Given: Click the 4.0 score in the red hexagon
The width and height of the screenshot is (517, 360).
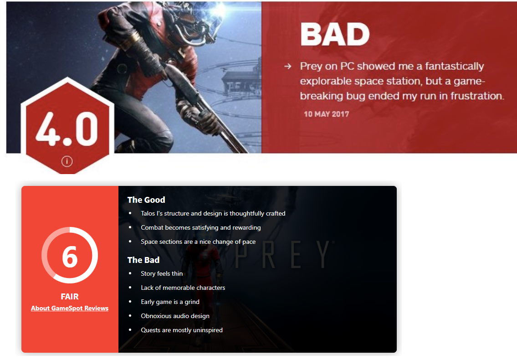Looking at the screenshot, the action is [67, 129].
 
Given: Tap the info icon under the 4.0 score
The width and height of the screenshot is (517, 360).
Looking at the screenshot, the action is [67, 161].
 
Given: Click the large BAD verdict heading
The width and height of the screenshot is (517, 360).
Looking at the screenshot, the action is [335, 34].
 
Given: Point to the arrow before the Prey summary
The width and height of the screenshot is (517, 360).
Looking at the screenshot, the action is [287, 67].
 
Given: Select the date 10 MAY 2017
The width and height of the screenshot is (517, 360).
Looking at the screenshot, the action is [327, 114].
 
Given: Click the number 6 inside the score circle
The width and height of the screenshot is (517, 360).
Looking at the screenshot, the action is [70, 257].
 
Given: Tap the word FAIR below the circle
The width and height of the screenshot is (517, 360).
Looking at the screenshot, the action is [70, 296].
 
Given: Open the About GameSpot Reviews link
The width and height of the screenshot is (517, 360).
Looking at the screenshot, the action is [70, 308].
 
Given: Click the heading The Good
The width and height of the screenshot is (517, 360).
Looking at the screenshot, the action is [146, 200].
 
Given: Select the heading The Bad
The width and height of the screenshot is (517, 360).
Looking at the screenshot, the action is [143, 260].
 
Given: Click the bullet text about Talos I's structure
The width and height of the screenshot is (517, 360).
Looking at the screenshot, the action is [213, 213].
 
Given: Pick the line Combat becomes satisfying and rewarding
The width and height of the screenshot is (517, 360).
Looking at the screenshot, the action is [201, 228].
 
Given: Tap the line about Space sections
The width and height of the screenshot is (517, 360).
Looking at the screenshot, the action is [198, 242].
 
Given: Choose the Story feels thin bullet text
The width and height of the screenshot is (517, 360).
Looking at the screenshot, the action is [162, 273].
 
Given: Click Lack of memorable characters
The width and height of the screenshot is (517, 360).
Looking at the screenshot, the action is [183, 288].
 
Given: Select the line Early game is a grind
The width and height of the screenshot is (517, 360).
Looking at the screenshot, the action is [170, 302].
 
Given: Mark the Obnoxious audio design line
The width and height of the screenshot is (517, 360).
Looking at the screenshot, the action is [175, 316].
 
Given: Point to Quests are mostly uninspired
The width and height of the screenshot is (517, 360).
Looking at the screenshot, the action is [182, 330].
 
